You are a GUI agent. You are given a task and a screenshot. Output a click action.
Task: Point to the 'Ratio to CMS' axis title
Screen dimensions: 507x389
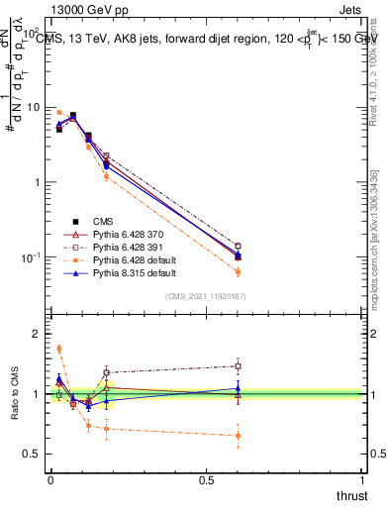point(13,393)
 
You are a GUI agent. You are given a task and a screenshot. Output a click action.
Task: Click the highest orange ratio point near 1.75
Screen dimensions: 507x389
point(59,349)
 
